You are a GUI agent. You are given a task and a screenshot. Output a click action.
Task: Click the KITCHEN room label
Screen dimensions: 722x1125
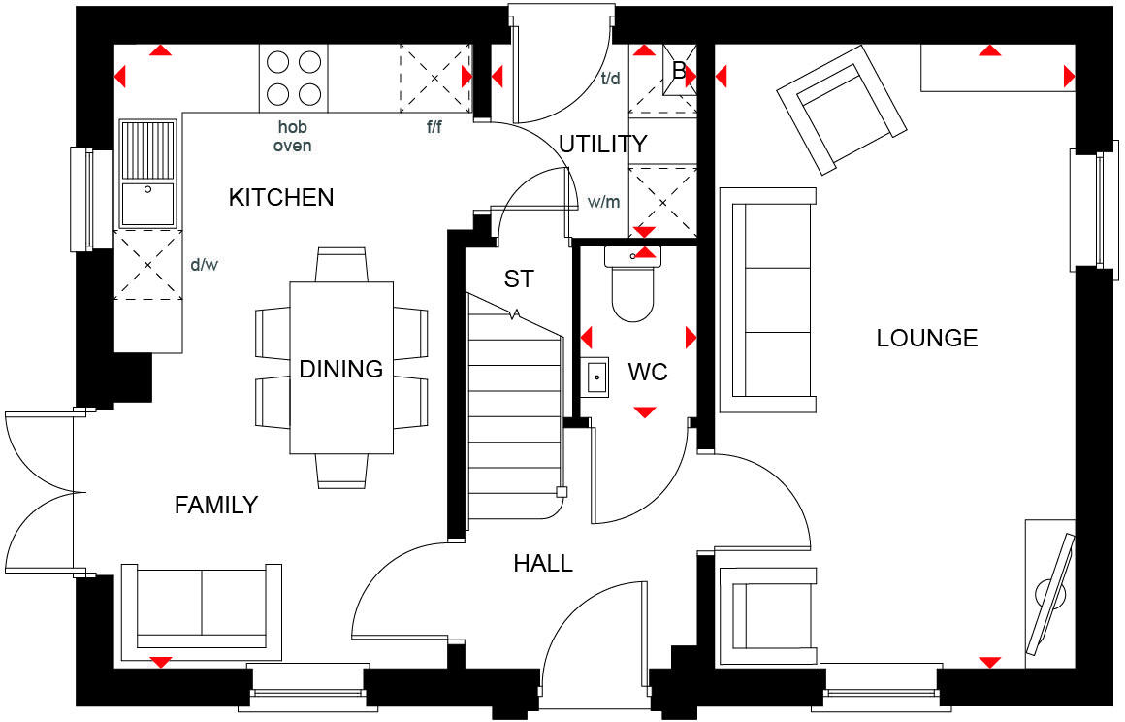click(x=281, y=198)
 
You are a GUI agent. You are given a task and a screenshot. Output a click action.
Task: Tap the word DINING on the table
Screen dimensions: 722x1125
click(x=340, y=369)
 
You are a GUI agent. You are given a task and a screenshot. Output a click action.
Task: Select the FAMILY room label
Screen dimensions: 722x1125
click(x=216, y=505)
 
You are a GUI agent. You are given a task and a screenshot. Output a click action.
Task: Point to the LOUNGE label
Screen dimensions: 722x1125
click(x=927, y=338)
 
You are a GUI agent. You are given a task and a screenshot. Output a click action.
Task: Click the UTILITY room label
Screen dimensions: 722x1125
click(x=602, y=145)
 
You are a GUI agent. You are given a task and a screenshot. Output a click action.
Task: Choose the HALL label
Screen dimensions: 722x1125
click(x=543, y=563)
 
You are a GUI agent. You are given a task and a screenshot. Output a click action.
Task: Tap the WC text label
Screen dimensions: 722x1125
click(x=648, y=373)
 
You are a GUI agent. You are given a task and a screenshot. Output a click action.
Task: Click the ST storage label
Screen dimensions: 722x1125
click(x=519, y=279)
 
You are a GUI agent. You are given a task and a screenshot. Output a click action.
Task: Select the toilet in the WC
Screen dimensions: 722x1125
click(x=631, y=286)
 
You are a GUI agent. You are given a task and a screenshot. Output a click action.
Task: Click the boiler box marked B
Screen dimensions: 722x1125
click(x=679, y=71)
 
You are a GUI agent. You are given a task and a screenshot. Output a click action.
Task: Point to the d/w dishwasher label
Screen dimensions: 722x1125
click(x=204, y=264)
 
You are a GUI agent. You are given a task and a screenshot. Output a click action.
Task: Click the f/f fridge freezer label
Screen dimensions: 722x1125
click(x=434, y=127)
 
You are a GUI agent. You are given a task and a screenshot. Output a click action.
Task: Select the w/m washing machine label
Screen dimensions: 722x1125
click(x=603, y=203)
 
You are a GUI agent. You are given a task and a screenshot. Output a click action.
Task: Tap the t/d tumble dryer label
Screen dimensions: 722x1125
click(x=611, y=79)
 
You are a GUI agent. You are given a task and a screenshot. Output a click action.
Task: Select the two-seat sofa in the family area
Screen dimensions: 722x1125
click(x=202, y=607)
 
